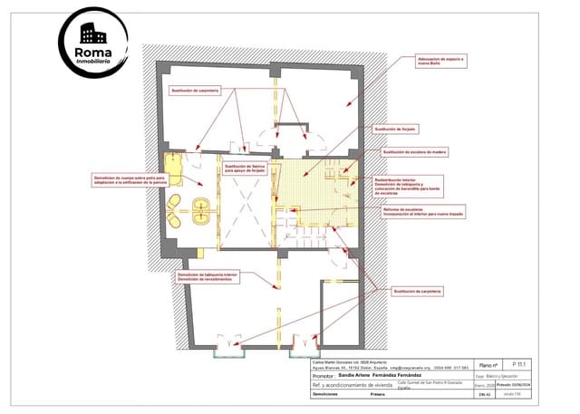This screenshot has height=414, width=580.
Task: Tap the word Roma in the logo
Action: pyautogui.click(x=93, y=53)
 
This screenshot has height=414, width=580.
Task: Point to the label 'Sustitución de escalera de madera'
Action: pyautogui.click(x=414, y=152)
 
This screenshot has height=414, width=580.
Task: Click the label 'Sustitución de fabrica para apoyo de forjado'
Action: pyautogui.click(x=247, y=168)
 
